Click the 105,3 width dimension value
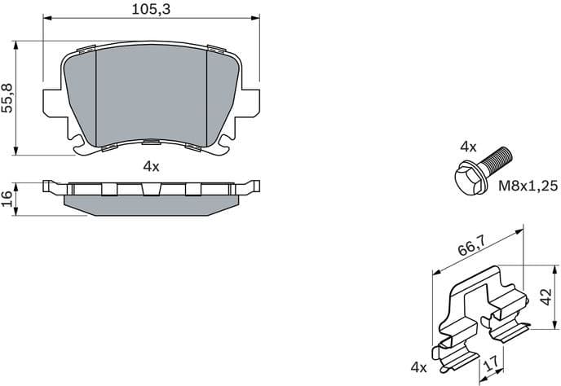151,9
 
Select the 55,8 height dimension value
9,97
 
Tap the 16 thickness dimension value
7,198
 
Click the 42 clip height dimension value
548,294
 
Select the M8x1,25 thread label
528,186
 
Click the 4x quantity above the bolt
467,147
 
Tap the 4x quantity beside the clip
419,368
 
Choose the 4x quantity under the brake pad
151,166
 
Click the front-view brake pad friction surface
151,94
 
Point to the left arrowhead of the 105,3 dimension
46,19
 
